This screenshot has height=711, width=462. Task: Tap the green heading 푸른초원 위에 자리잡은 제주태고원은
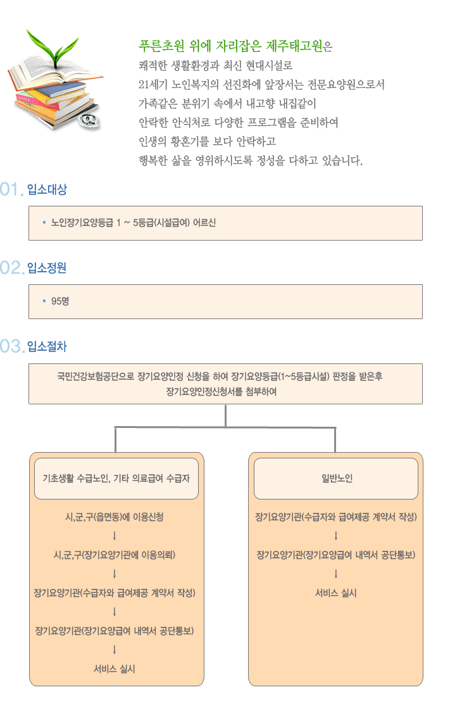(235, 46)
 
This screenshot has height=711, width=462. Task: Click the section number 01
(11, 189)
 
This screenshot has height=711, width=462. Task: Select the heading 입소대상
(47, 189)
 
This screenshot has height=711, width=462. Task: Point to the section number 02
(12, 268)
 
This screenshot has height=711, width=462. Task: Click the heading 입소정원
(47, 268)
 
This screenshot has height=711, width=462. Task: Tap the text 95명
(60, 301)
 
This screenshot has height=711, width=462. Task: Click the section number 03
(12, 346)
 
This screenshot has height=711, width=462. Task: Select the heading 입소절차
(47, 346)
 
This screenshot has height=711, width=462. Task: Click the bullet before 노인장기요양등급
(44, 223)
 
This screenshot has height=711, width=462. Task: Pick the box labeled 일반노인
(336, 479)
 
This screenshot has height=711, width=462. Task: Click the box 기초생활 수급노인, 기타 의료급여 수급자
(116, 479)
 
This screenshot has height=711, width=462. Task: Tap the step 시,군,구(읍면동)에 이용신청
(115, 517)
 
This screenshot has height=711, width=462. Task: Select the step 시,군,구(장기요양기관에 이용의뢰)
(115, 555)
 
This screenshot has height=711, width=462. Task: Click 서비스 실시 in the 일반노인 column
(336, 593)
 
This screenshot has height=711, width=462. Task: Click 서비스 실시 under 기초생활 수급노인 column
(115, 669)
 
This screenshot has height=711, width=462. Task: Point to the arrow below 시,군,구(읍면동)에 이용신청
(115, 536)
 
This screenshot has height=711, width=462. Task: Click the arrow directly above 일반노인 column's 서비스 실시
(336, 574)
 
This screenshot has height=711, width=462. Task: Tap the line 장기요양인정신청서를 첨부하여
(222, 392)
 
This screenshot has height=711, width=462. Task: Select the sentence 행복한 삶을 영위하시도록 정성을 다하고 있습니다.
(250, 161)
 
